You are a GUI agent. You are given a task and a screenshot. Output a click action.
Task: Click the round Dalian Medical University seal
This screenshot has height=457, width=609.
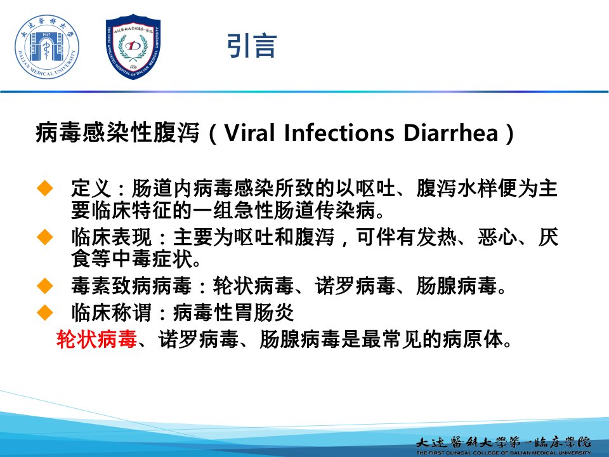tap(46, 47)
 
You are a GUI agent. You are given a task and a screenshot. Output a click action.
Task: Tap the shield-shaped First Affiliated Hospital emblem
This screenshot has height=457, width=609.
tap(133, 46)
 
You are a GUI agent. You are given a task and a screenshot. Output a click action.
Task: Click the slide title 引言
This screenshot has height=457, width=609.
tap(252, 46)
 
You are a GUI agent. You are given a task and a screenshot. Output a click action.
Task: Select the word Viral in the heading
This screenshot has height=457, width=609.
tap(249, 133)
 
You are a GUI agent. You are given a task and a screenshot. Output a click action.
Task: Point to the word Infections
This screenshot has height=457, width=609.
tap(339, 133)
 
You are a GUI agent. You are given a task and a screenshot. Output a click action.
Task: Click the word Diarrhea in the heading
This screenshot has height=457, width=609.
tap(451, 133)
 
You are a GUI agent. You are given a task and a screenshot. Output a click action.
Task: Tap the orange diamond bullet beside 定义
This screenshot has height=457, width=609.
tap(44, 188)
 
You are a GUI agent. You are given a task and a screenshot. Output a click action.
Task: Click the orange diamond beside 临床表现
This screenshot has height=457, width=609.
tap(44, 237)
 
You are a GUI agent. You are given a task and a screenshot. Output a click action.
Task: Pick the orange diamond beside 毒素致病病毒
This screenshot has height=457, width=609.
tap(44, 286)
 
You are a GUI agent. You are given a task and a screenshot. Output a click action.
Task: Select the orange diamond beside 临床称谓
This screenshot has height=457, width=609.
tap(44, 312)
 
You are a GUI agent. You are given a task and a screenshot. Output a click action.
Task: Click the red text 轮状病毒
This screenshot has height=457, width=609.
tap(96, 339)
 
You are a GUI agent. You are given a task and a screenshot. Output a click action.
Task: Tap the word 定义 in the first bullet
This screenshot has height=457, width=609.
tap(91, 188)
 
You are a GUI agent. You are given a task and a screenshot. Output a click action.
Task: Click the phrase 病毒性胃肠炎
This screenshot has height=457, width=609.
tap(233, 312)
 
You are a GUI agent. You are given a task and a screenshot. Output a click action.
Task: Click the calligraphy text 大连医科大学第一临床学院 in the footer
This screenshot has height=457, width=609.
tap(503, 442)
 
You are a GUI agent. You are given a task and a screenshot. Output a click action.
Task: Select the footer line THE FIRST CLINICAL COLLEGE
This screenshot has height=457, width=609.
tap(503, 453)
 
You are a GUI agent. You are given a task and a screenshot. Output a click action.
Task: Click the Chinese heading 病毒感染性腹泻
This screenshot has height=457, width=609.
tap(117, 133)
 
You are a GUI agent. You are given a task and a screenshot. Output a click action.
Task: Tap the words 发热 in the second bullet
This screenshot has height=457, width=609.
tap(437, 237)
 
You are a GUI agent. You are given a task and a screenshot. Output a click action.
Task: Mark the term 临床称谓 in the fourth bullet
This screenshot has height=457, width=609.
tap(112, 312)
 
